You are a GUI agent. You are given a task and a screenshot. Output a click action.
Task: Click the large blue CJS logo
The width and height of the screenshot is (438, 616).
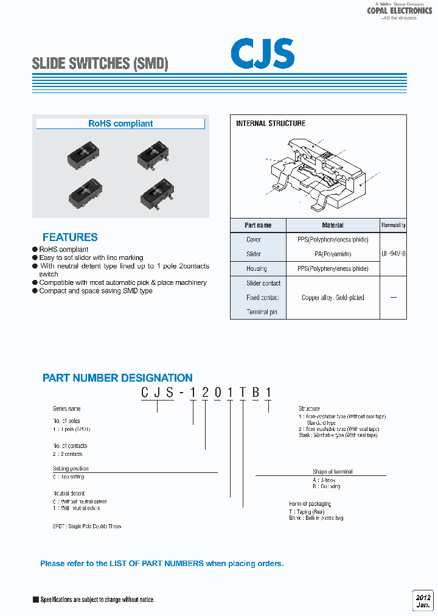[262, 54]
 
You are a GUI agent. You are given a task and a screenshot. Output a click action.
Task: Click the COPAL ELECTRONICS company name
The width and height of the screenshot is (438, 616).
[399, 11]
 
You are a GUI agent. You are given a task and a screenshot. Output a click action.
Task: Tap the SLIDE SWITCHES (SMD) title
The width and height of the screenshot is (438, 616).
[100, 63]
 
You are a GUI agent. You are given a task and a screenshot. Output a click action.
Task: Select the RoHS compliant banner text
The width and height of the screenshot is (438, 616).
[120, 124]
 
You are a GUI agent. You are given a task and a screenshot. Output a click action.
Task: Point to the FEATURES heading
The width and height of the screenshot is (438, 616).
[70, 237]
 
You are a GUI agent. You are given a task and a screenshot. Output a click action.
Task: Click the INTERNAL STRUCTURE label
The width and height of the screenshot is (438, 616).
[271, 124]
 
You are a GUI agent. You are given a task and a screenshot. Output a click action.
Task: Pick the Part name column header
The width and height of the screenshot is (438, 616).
[258, 225]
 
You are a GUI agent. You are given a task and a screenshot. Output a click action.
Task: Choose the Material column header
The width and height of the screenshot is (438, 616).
[333, 225]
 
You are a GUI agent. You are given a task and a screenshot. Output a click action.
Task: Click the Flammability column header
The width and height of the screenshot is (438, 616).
[394, 225]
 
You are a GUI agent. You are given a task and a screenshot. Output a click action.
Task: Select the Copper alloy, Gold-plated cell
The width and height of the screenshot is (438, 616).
[333, 298]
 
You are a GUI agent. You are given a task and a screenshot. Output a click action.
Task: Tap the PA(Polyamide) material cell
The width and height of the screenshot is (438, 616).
[333, 254]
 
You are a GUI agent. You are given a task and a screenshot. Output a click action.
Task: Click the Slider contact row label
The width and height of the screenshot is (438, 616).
[263, 283]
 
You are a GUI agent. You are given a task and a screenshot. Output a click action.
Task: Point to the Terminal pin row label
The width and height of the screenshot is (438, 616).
[262, 312]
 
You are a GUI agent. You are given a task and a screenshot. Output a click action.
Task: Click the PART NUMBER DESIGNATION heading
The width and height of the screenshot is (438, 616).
[117, 378]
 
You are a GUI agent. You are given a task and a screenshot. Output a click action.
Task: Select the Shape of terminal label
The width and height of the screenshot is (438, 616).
[332, 472]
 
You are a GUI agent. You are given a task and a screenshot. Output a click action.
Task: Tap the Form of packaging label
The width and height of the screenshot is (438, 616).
[310, 504]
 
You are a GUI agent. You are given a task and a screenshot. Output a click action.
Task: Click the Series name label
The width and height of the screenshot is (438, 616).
[67, 408]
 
